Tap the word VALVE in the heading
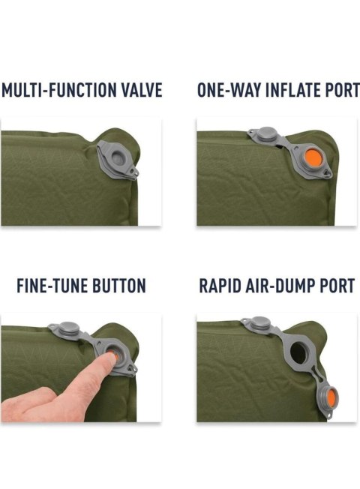click(x=142, y=90)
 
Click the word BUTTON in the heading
click(x=119, y=285)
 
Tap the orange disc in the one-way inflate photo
click(x=313, y=157)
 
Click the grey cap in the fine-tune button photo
click(x=67, y=328)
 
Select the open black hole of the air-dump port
click(x=298, y=352)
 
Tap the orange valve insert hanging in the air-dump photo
click(x=331, y=397)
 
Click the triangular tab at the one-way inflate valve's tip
click(x=328, y=172)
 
